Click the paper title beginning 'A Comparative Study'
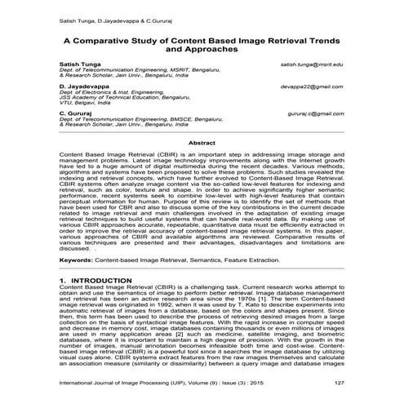tap(202, 43)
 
